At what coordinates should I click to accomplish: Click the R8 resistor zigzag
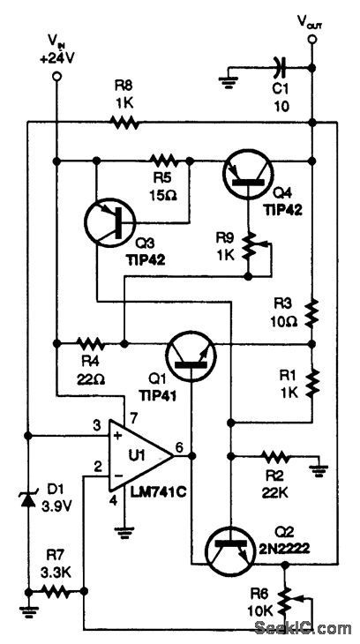click(124, 123)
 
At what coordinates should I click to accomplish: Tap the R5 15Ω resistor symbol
click(164, 161)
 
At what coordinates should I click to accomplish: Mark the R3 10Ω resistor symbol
click(312, 311)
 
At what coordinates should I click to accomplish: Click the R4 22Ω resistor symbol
click(91, 342)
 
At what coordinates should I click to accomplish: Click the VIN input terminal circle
click(56, 77)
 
